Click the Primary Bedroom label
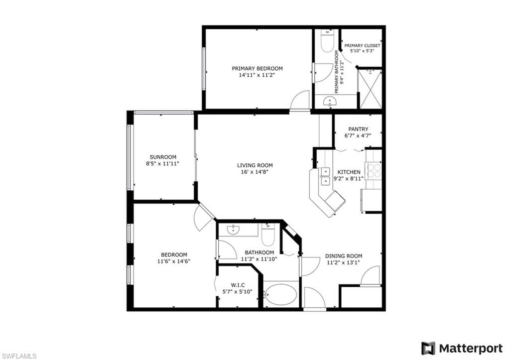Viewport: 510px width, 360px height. point(257,68)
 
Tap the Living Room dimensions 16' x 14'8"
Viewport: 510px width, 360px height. point(255,172)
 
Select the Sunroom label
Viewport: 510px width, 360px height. point(163,157)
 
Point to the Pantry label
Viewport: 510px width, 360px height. point(358,129)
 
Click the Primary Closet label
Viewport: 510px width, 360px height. point(362,45)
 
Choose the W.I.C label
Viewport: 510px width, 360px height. point(238,285)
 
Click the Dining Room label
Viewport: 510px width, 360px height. point(344,256)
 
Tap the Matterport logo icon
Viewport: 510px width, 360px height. point(428,348)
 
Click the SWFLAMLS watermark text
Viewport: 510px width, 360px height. point(18,356)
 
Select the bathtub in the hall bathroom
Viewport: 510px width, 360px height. point(280,295)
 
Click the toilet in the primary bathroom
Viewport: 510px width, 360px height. point(327,43)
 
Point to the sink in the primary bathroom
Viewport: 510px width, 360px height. point(330,102)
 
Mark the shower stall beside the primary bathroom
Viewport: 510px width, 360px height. point(370,88)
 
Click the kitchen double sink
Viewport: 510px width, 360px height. point(325,176)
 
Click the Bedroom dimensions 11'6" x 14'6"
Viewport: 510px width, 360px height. point(174,261)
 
